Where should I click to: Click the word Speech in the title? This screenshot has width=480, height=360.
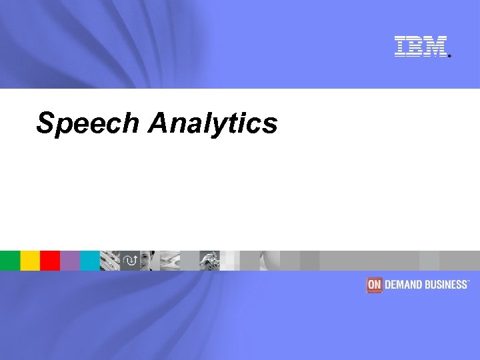point(89,123)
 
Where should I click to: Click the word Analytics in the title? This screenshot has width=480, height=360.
point(213,123)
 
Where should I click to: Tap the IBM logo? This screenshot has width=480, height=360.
point(420,46)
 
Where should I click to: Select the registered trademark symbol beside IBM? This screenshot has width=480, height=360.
point(449,56)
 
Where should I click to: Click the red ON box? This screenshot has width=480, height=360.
point(373,285)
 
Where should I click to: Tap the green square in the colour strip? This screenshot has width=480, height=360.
point(10,261)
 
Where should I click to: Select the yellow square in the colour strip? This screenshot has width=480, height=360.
point(30,261)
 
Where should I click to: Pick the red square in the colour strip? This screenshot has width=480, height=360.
point(50,261)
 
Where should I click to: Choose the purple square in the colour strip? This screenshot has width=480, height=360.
point(70,261)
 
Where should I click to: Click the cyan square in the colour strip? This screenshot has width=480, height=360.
point(90,261)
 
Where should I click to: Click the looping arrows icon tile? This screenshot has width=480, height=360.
point(130,261)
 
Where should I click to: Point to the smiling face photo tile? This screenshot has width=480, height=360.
point(150,261)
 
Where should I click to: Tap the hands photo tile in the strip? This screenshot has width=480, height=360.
point(210,261)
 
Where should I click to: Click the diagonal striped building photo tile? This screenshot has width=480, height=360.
point(110,261)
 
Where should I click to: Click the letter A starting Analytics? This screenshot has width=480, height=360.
point(158,123)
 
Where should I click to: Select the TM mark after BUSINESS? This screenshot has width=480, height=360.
point(469,281)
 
